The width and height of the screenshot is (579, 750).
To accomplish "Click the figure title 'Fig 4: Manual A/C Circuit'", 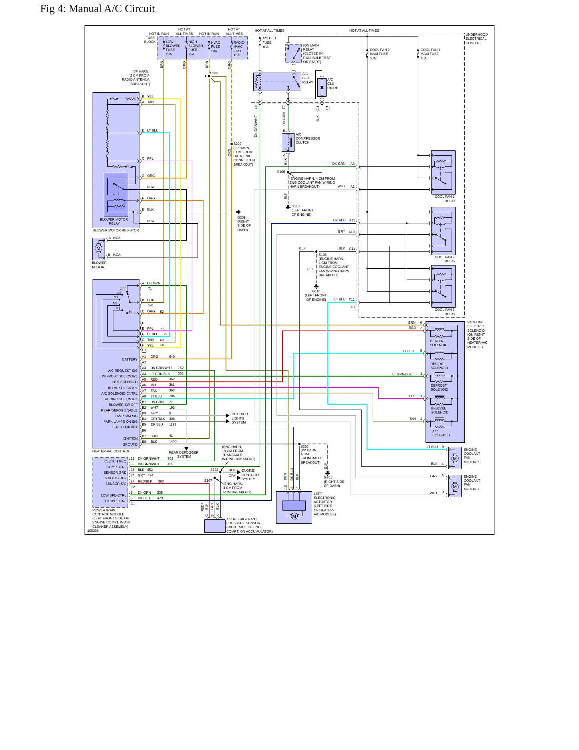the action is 97,9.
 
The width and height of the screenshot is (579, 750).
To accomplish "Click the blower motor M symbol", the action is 99,249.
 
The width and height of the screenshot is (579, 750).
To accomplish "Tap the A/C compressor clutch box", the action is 288,142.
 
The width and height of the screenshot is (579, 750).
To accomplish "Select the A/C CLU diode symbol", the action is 322,87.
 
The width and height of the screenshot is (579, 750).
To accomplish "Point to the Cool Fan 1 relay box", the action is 443,172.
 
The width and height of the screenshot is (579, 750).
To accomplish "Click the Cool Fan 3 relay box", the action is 443,286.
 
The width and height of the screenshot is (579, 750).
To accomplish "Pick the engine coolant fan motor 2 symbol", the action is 455,458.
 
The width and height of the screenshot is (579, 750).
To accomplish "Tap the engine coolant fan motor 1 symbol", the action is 455,486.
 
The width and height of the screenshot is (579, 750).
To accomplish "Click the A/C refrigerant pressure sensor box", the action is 215,526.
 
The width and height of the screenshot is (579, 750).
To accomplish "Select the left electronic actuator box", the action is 294,507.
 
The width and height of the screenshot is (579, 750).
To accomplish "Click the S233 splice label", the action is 214,73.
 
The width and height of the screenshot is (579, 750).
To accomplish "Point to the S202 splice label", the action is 238,144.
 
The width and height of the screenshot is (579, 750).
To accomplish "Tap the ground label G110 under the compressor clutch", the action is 296,206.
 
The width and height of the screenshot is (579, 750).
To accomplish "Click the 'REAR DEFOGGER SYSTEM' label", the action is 184,454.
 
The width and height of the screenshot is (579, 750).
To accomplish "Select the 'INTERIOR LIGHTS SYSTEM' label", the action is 240,418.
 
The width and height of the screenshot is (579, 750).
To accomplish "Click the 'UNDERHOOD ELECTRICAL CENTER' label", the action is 477,39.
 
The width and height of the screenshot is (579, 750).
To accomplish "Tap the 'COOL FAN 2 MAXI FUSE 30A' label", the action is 379,54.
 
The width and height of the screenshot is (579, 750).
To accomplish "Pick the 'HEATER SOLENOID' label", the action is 439,343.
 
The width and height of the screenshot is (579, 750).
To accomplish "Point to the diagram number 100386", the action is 93,531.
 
